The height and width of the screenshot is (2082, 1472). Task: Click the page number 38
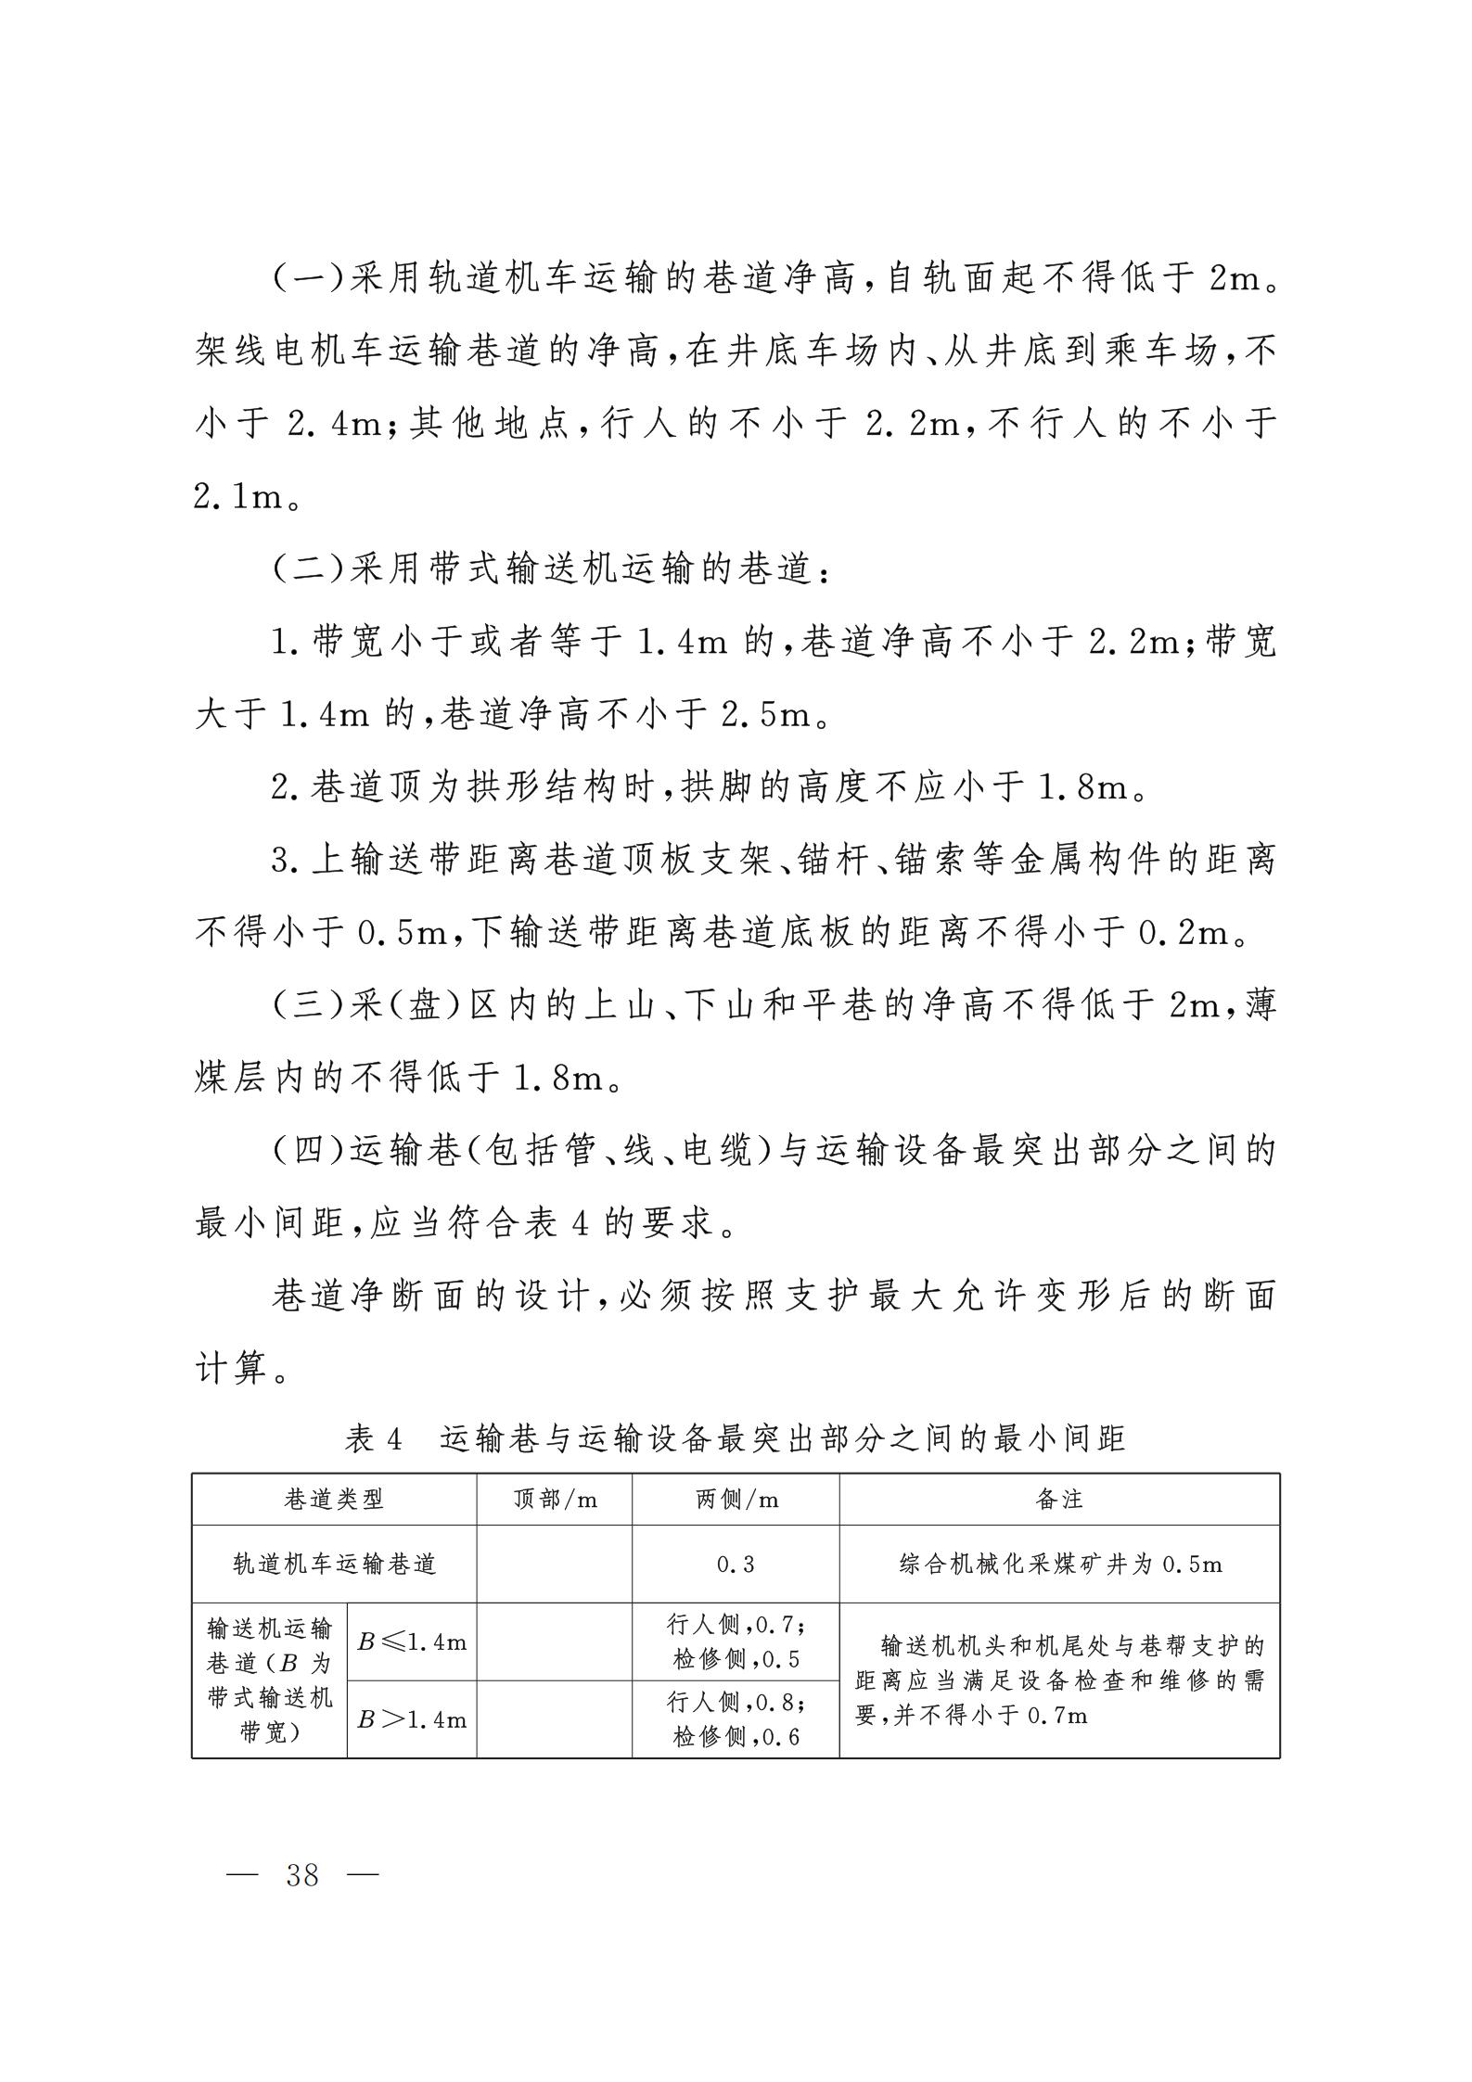tap(302, 1875)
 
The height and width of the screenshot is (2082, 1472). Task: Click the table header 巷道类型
tap(334, 1500)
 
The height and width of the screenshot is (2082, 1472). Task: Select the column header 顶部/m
tap(555, 1500)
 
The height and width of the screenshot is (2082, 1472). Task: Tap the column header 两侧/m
tap(736, 1500)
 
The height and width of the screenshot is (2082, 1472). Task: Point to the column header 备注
tap(1059, 1500)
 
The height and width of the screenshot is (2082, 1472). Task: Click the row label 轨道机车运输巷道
tap(334, 1565)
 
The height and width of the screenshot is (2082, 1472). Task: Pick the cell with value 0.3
tap(736, 1565)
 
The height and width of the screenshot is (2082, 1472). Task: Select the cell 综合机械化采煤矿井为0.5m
tap(1060, 1565)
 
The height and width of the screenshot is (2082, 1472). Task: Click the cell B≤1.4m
tap(412, 1641)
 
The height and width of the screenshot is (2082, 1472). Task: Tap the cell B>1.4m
tap(412, 1719)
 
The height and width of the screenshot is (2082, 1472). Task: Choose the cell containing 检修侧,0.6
tap(736, 1736)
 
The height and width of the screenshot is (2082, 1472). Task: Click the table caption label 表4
tap(374, 1438)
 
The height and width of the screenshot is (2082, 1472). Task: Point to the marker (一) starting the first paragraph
tap(309, 278)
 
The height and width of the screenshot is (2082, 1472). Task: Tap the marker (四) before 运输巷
tap(309, 1150)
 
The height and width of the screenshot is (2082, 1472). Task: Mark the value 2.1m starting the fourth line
tap(238, 497)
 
